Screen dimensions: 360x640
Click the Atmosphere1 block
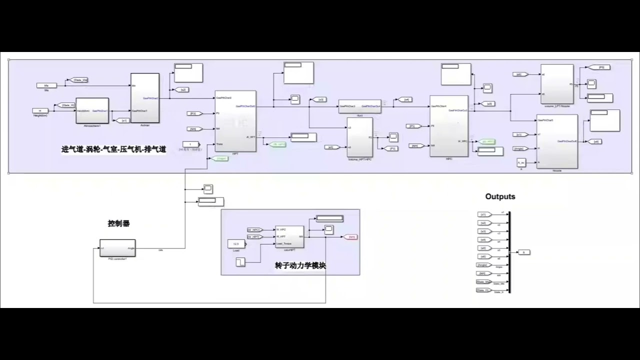point(92,110)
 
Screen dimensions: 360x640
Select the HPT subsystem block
point(235,120)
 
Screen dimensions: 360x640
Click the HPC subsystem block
point(448,125)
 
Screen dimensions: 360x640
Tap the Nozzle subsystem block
point(556,141)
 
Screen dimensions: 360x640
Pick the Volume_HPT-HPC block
point(360,137)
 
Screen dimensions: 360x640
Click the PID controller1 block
point(117,247)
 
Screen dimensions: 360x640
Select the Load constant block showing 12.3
point(236,243)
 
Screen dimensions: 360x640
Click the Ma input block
point(46,85)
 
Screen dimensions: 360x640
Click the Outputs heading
point(500,196)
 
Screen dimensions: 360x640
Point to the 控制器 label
point(118,223)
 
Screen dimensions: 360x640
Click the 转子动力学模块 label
point(300,265)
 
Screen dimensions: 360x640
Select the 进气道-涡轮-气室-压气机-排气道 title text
point(113,149)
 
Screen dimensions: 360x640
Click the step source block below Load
point(240,261)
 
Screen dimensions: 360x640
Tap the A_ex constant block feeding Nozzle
point(521,162)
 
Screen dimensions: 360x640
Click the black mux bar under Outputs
point(509,252)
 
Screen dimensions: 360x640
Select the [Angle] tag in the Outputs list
point(483,264)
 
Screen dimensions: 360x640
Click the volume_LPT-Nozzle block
point(557,84)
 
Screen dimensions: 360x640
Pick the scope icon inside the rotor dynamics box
point(328,229)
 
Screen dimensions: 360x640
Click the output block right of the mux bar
point(523,252)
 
